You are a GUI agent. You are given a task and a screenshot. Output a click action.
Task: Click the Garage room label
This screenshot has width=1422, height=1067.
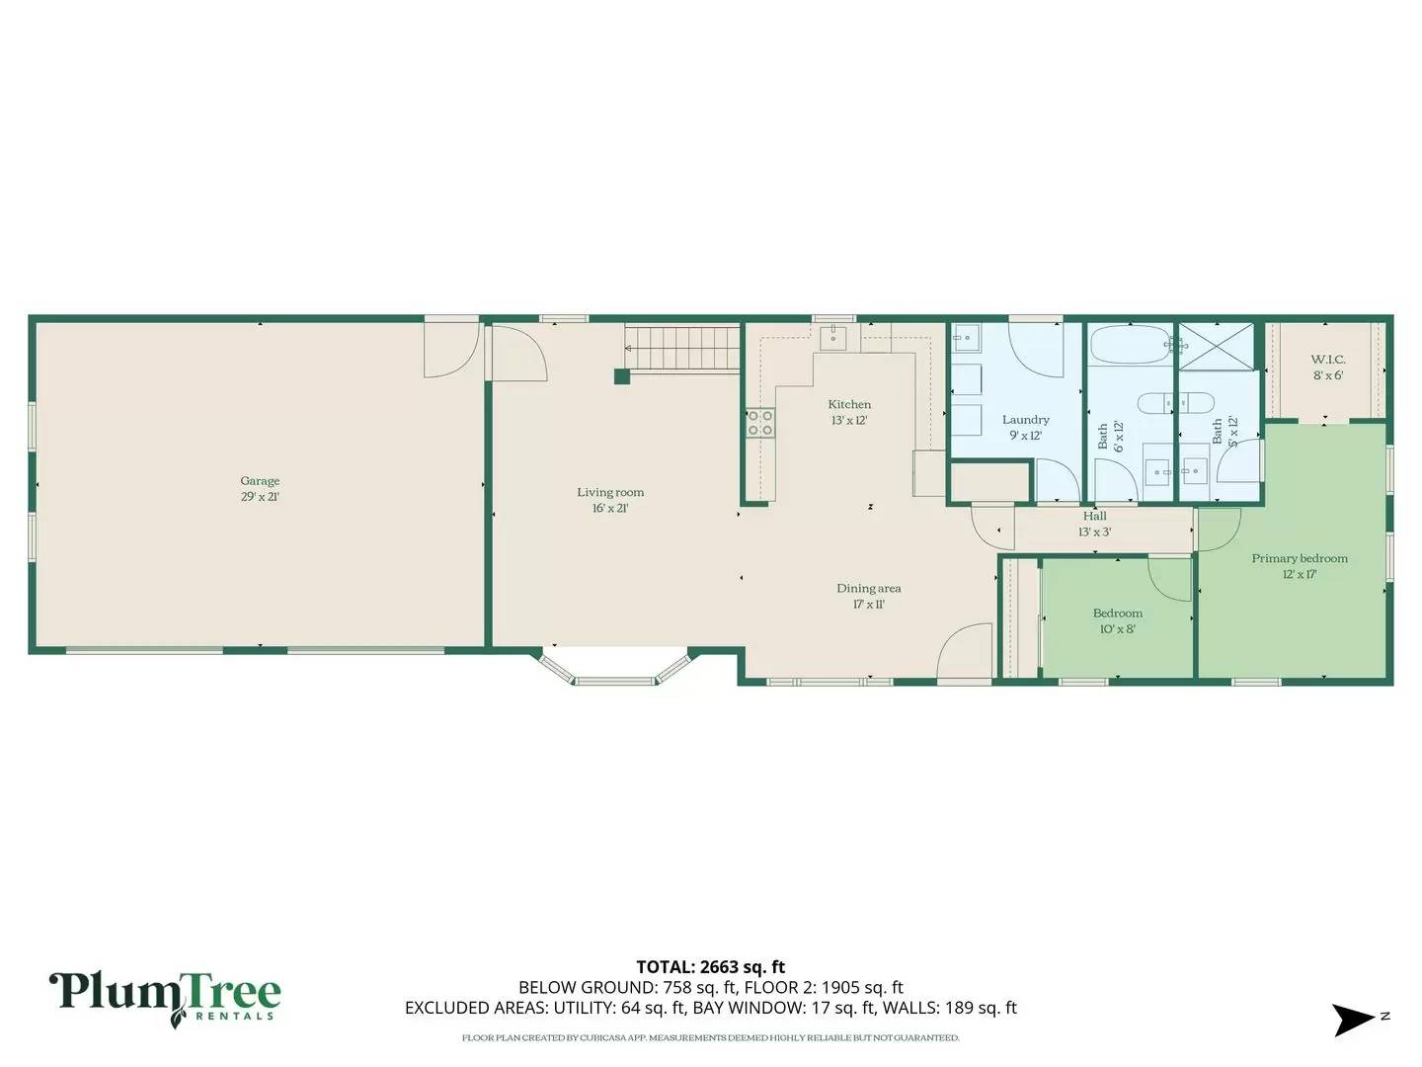click(x=260, y=489)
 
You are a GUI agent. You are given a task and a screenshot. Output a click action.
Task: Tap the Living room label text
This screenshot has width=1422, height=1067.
click(x=610, y=500)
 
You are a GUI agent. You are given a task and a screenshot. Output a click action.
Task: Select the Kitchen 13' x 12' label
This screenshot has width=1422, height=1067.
click(x=849, y=412)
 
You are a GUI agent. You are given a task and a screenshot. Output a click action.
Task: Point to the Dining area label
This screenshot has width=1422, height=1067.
click(x=869, y=596)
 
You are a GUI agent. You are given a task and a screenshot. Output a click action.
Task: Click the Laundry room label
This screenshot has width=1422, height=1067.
click(x=1025, y=427)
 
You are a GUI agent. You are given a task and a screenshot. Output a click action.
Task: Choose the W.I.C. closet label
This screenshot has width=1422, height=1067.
click(x=1327, y=367)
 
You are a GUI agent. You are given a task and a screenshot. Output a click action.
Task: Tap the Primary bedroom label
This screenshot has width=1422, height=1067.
click(x=1299, y=566)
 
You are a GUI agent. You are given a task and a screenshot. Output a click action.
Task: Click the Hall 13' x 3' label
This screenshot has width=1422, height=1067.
click(x=1094, y=524)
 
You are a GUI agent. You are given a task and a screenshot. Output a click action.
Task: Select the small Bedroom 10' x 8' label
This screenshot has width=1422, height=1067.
click(x=1117, y=620)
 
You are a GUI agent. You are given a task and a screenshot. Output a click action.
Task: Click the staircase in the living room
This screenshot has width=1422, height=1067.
click(x=684, y=348)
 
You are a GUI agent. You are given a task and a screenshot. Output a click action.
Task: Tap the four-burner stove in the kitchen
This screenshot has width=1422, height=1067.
click(x=760, y=423)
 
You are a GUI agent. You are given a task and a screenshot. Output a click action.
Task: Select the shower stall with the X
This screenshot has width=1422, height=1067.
click(x=1217, y=346)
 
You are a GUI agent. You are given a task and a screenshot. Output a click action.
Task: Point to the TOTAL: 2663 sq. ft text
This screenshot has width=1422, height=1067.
click(x=710, y=967)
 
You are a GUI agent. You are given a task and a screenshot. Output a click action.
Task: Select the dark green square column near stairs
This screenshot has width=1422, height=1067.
click(x=621, y=375)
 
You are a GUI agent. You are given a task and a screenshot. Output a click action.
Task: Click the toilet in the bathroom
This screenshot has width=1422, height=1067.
click(x=1166, y=403)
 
